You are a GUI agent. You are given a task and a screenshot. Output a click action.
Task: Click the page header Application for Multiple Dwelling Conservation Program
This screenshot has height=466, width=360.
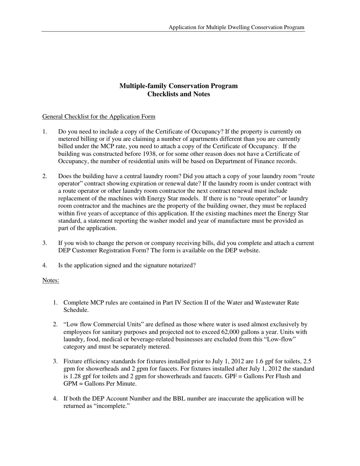(236, 27)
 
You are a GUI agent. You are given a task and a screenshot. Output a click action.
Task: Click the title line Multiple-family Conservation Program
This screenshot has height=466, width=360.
(178, 86)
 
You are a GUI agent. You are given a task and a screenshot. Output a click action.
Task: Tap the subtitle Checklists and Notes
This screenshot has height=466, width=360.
(178, 94)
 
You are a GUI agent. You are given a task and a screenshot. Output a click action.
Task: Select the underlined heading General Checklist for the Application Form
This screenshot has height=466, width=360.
(99, 117)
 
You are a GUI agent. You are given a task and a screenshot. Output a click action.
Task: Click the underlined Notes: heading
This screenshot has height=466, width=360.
(51, 280)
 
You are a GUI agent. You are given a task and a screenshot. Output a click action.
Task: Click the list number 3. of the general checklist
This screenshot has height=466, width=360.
(45, 243)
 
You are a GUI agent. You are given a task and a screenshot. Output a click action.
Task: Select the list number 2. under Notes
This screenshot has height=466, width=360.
(55, 325)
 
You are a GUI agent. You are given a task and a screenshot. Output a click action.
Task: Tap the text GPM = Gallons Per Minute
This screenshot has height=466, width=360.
(100, 384)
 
